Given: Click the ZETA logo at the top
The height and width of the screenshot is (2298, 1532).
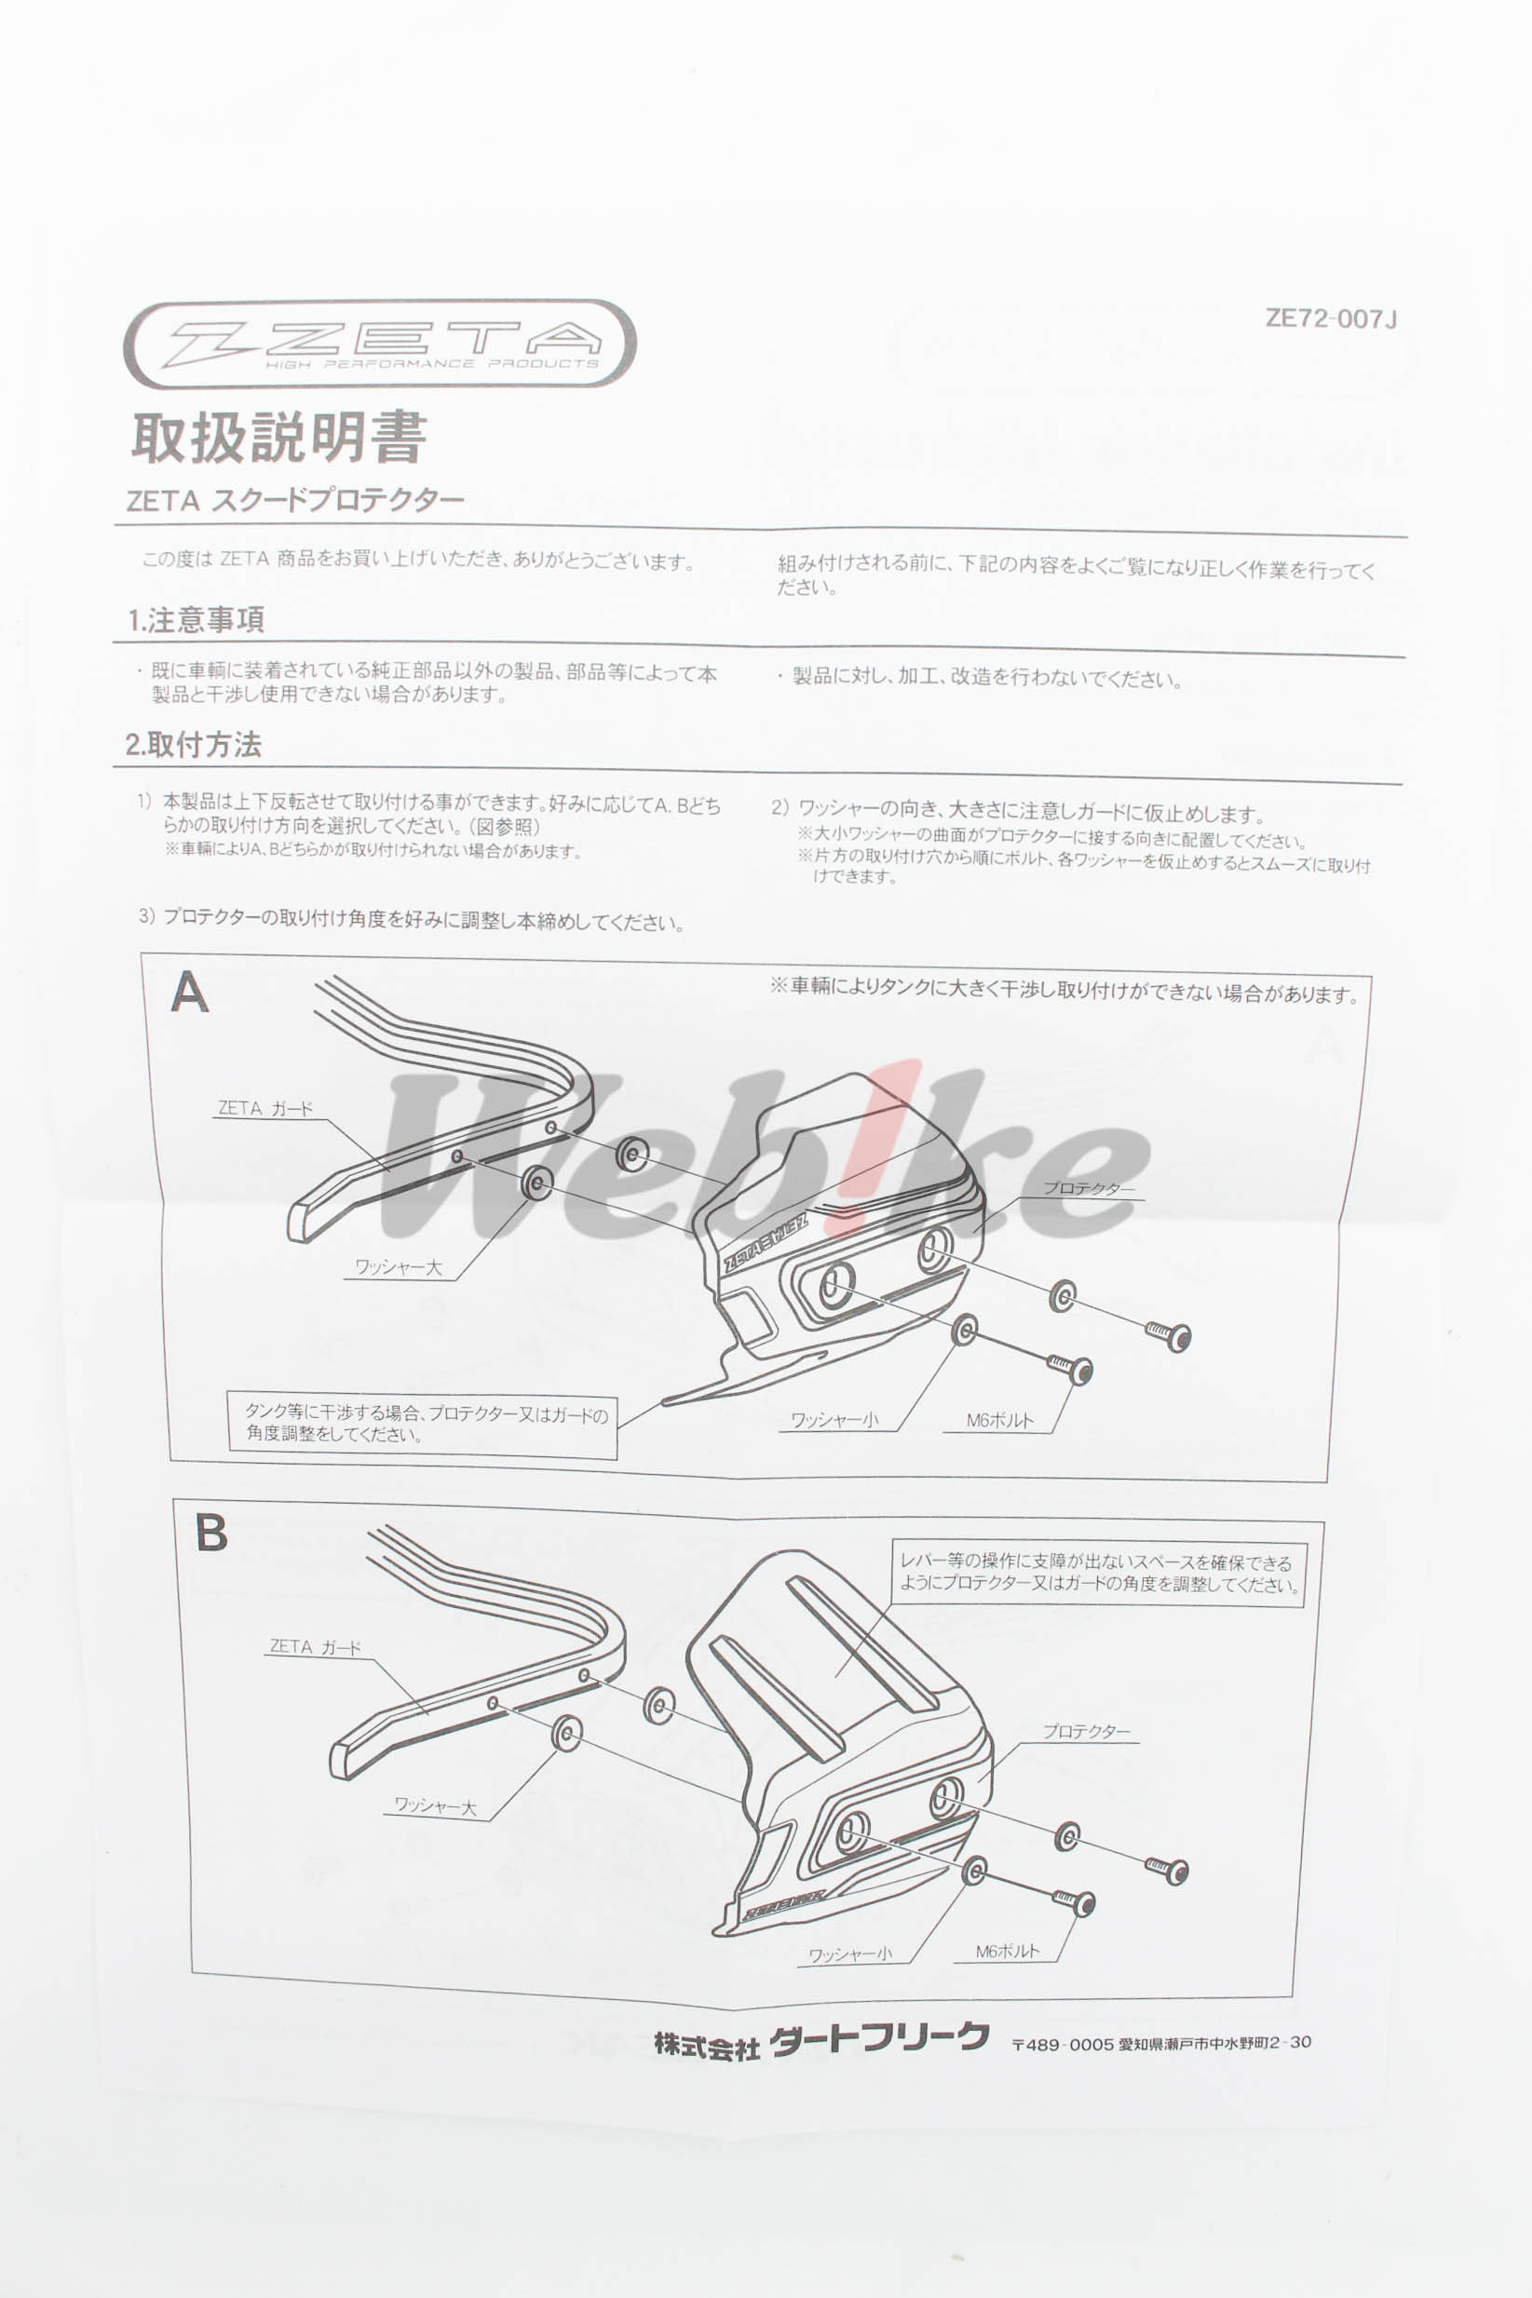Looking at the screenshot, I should (379, 343).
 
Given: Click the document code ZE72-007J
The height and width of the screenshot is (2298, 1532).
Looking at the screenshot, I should (1331, 318).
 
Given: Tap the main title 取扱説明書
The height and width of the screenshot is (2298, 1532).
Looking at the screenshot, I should (279, 438).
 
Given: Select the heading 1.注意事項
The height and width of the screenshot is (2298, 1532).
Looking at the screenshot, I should (196, 619).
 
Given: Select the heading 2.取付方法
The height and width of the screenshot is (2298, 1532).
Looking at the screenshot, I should (194, 744).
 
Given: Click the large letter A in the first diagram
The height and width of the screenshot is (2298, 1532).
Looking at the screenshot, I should (190, 993).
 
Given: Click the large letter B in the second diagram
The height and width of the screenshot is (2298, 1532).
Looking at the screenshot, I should (211, 1533).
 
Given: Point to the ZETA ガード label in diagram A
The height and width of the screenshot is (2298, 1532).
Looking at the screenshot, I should (264, 1108).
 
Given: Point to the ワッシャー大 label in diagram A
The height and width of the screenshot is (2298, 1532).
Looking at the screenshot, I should (398, 1267).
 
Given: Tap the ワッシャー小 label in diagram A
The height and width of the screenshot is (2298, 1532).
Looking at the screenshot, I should (834, 1420).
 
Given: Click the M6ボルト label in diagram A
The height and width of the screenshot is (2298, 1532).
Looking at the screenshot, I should (999, 1420).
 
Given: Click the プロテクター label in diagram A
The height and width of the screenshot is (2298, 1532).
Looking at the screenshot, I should (1089, 1188).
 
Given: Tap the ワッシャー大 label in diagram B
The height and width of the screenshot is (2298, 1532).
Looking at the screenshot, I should (435, 1806).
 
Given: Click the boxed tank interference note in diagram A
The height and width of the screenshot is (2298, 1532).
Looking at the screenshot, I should (423, 1424).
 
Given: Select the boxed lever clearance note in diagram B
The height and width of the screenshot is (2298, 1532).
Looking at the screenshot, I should (1097, 1574).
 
